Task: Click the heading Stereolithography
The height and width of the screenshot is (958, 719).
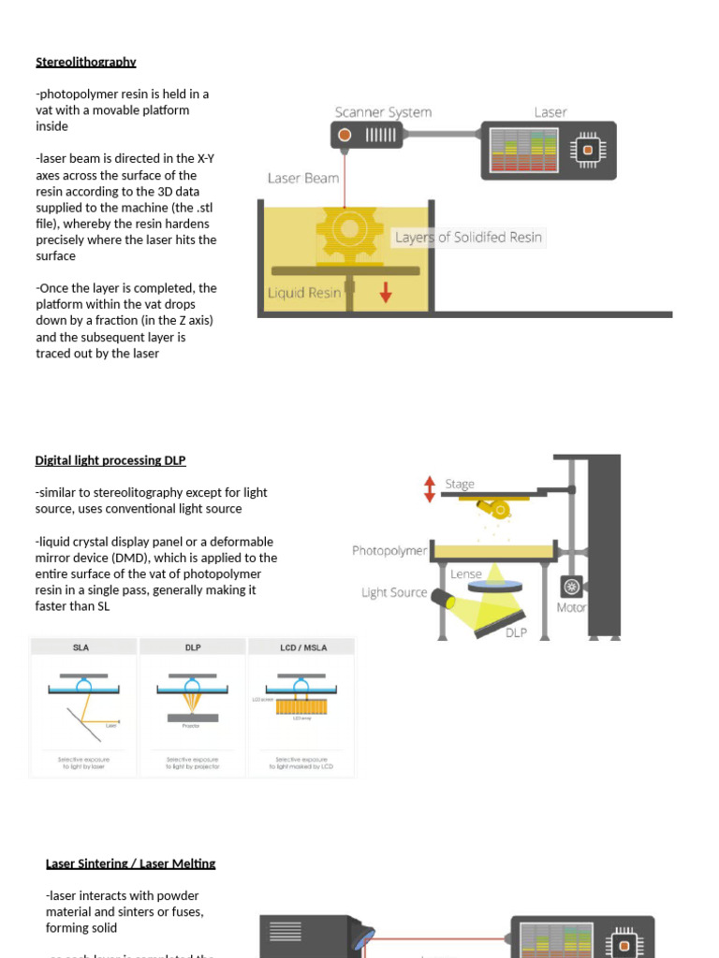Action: point(86,62)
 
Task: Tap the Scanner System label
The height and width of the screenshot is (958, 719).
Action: point(383,112)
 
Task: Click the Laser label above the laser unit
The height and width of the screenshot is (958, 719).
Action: point(550,112)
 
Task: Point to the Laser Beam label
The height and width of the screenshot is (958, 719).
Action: point(302,178)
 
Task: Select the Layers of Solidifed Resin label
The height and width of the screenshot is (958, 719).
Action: point(467,238)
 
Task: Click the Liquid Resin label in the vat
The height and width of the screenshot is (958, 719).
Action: point(304,293)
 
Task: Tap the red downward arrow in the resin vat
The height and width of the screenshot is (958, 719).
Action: point(386,294)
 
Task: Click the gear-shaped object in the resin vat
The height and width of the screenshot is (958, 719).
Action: point(347,229)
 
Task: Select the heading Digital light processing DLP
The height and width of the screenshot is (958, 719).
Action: point(110,460)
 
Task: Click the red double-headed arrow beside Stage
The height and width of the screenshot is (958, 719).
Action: point(430,488)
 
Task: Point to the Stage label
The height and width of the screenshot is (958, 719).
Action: point(460,484)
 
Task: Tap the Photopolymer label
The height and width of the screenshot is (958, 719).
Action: point(389,551)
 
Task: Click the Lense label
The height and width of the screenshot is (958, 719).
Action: point(466,573)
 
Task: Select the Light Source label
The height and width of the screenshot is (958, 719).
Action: point(394,592)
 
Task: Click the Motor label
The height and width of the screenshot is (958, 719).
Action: point(571,607)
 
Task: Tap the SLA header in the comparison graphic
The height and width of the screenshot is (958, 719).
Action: point(81,647)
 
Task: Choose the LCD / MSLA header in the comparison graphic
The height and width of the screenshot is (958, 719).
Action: point(302,647)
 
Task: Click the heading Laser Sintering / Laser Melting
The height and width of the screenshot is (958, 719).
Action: point(130,864)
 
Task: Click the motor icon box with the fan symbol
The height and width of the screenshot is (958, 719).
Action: point(571,586)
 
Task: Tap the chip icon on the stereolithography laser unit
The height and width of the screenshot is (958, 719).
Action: point(587,150)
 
